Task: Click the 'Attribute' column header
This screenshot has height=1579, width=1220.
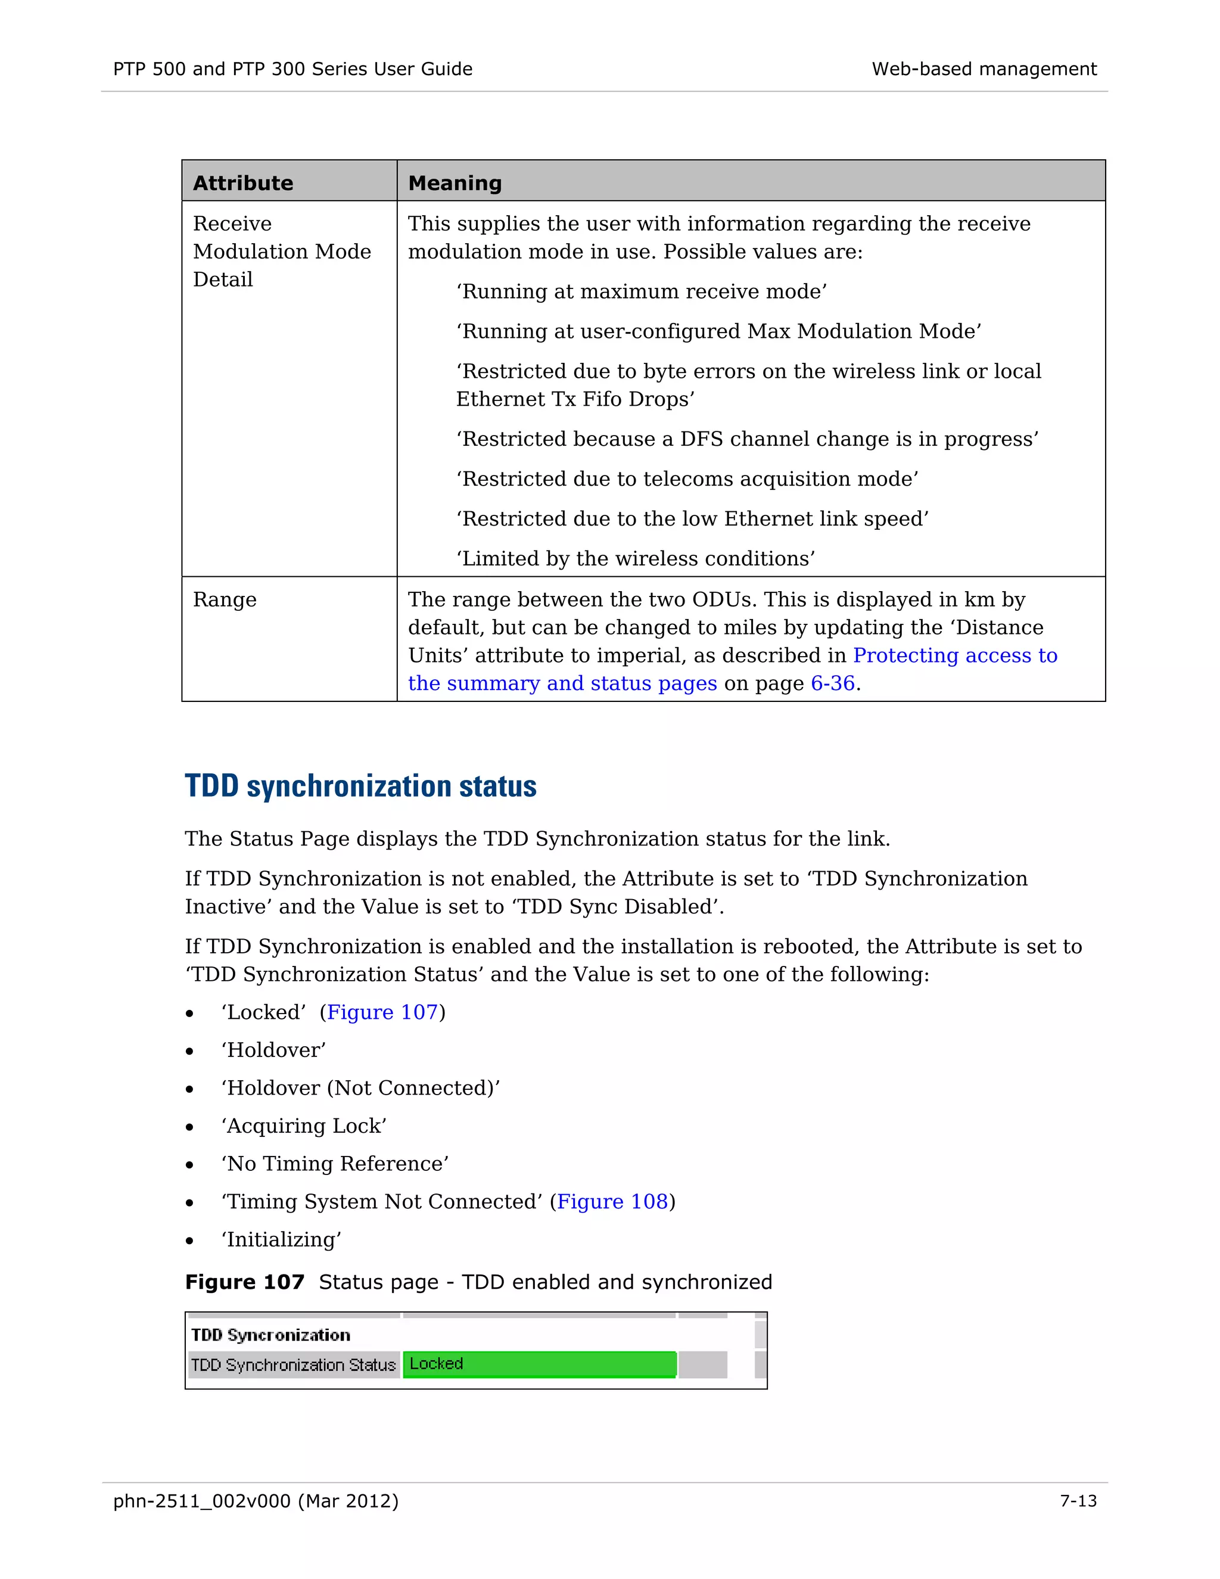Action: (243, 183)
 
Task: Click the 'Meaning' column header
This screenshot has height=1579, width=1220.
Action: (455, 183)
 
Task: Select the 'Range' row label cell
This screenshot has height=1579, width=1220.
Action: (225, 599)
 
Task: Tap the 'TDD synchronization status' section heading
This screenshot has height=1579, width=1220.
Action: (360, 786)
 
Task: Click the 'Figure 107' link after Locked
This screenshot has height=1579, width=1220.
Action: (382, 1012)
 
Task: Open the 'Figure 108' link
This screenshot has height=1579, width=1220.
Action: (612, 1202)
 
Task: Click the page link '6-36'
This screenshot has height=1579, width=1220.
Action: (833, 683)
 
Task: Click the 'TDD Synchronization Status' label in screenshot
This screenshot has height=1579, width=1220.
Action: (294, 1365)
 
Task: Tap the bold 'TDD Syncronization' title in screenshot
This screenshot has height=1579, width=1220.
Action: (270, 1335)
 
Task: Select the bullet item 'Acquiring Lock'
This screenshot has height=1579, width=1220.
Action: (304, 1126)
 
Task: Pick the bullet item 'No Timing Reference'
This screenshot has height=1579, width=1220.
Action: (335, 1164)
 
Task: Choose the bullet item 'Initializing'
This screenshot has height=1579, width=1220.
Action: (281, 1240)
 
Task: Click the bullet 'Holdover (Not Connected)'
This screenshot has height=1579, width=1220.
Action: (360, 1088)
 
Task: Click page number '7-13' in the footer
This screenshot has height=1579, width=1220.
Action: (1078, 1501)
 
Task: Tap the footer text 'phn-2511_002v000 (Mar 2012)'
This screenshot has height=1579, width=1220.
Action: (256, 1501)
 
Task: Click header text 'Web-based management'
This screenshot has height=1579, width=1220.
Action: (984, 69)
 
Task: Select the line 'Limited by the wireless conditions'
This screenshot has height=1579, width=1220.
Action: (635, 559)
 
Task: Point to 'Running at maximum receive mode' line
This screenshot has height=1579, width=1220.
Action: (641, 291)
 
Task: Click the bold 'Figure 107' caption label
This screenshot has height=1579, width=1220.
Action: (244, 1282)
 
